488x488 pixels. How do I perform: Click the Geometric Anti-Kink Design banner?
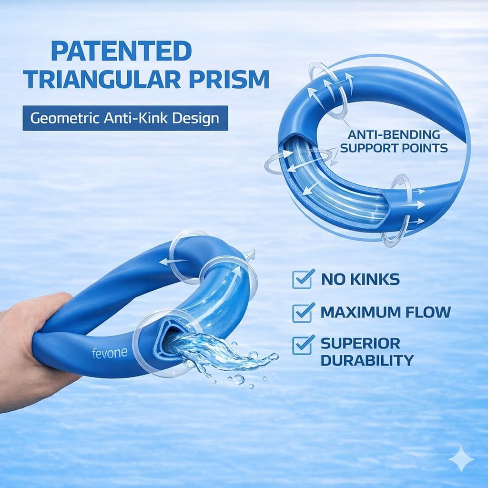(125, 118)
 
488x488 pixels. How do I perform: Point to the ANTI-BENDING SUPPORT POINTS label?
(394, 141)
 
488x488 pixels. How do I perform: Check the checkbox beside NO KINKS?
(303, 279)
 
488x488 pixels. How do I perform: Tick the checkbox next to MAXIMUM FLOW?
(303, 312)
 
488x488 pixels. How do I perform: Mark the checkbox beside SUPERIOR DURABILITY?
(303, 344)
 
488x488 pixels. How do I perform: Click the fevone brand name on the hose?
(109, 353)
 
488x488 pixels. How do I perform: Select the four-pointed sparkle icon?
(461, 459)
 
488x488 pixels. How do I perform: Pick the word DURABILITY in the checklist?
(367, 360)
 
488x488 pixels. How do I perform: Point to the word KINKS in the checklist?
(377, 279)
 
